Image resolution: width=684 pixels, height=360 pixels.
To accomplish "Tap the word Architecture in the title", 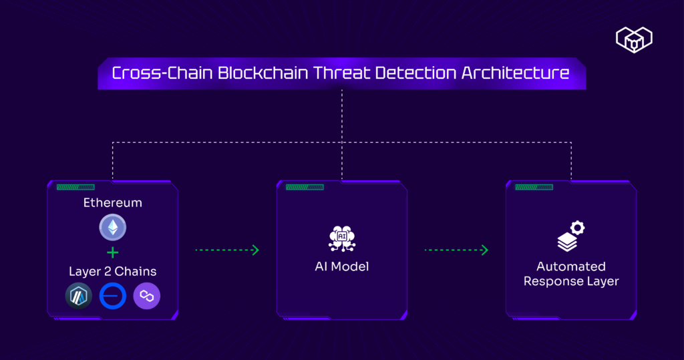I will coord(516,73).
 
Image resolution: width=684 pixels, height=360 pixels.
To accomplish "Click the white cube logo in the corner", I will coord(634,39).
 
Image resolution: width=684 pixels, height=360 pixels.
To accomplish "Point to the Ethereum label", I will coord(112,202).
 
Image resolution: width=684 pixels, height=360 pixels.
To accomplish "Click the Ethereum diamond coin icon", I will coord(112,227).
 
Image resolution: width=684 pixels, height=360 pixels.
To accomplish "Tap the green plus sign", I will coord(112,252).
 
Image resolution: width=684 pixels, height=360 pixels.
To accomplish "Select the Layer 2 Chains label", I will coord(112,271).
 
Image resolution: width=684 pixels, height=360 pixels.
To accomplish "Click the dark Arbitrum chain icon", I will coord(78,296).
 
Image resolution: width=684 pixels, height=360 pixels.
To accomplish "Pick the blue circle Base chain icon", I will coord(112,296).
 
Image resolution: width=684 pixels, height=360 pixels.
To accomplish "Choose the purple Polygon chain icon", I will coord(147,296).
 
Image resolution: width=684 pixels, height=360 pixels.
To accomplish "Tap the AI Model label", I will coord(342,267).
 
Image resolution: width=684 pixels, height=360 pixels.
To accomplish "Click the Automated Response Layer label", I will coord(571,274).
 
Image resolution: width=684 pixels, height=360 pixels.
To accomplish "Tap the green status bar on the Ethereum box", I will coord(75,188).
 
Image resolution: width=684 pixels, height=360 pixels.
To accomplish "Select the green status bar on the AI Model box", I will coord(305,188).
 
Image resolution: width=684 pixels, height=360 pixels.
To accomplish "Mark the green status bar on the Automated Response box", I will coord(534,188).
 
